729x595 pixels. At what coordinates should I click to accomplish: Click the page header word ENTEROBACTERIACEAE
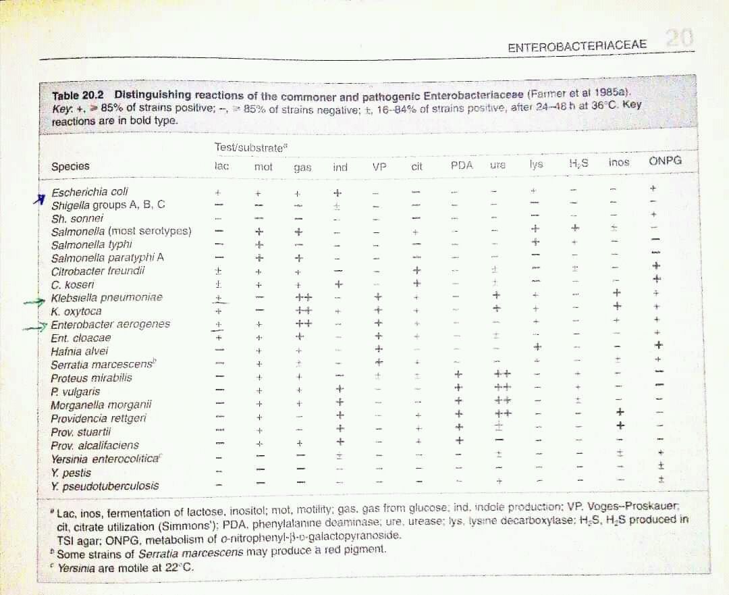pyautogui.click(x=576, y=46)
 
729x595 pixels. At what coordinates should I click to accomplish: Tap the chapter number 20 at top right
pyautogui.click(x=678, y=39)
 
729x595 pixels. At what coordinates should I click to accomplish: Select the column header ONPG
pyautogui.click(x=665, y=161)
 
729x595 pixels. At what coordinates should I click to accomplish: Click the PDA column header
pyautogui.click(x=462, y=165)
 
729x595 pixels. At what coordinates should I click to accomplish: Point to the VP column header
pyautogui.click(x=379, y=166)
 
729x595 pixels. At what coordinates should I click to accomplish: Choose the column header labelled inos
pyautogui.click(x=618, y=162)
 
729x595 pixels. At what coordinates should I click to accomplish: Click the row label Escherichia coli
pyautogui.click(x=90, y=192)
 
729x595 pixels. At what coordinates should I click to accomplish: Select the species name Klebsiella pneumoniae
pyautogui.click(x=107, y=298)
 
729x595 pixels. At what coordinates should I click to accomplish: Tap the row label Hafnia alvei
pyautogui.click(x=79, y=351)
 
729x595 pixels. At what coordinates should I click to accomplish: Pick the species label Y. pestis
pyautogui.click(x=71, y=473)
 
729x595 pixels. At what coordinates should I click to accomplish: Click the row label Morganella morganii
pyautogui.click(x=101, y=405)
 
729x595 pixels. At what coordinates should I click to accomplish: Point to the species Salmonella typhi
pyautogui.click(x=91, y=244)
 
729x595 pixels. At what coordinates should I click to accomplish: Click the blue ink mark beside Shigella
pyautogui.click(x=42, y=198)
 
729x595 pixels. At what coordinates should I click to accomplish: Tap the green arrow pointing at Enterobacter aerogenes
pyautogui.click(x=36, y=328)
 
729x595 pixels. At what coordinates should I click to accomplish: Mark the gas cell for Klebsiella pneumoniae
pyautogui.click(x=303, y=298)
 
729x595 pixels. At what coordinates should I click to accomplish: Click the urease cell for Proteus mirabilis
pyautogui.click(x=502, y=374)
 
